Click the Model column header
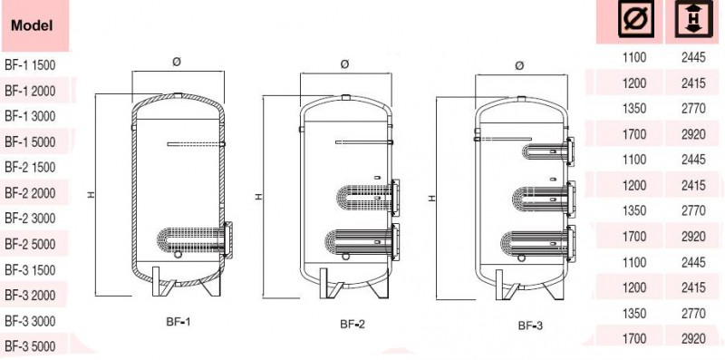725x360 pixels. [x=32, y=25]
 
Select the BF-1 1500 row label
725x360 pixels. [x=30, y=65]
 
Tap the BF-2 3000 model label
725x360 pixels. [x=30, y=218]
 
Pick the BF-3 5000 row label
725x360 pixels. [x=30, y=345]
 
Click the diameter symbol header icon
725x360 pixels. [x=636, y=19]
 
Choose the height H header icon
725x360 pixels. [x=693, y=19]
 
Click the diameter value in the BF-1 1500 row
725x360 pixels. [x=635, y=58]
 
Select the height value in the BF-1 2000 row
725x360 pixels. [x=693, y=83]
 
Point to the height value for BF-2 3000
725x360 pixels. [x=693, y=211]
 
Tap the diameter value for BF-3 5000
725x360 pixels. [x=635, y=339]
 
